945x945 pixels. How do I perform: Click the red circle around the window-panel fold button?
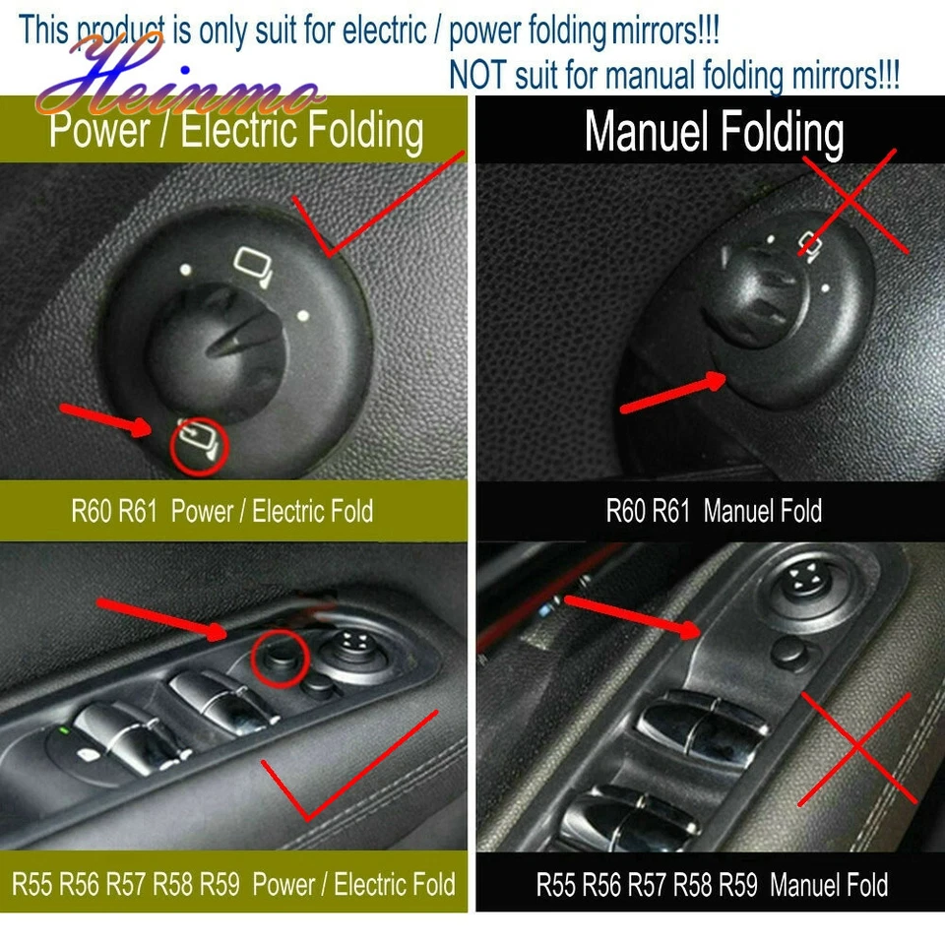coord(275,653)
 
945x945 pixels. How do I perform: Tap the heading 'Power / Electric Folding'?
coord(236,132)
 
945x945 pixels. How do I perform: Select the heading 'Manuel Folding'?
coord(714,132)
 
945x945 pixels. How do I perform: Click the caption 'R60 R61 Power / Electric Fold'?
coord(221,511)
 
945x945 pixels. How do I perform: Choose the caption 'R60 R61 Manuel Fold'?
coord(714,511)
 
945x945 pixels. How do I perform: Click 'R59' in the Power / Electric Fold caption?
coord(220,883)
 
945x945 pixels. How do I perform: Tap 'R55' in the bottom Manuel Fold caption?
coord(556,883)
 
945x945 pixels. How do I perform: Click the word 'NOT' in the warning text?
coord(477,74)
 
